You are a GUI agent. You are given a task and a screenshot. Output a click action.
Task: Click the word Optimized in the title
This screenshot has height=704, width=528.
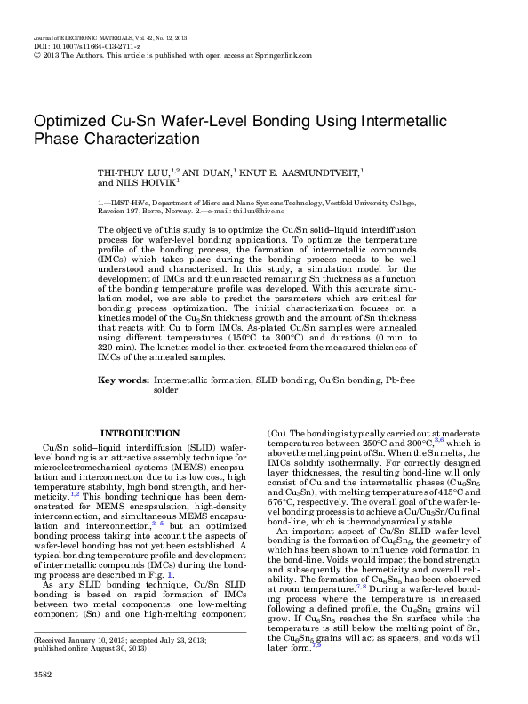pyautogui.click(x=71, y=123)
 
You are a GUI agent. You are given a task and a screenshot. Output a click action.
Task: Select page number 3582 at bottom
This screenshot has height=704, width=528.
pyautogui.click(x=42, y=676)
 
